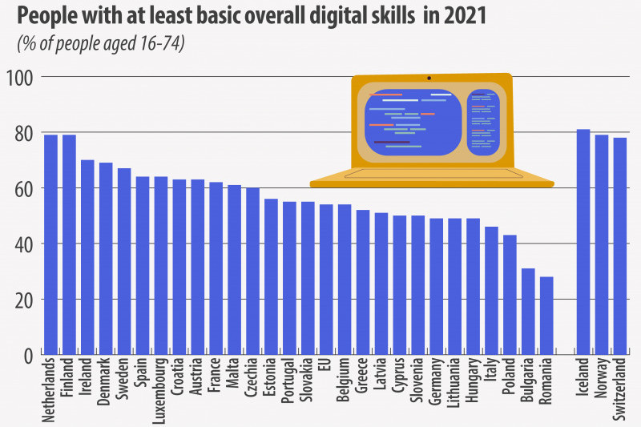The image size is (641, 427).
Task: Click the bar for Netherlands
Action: coord(50,244)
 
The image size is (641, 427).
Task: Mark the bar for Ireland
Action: coord(87,256)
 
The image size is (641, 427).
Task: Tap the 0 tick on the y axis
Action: coord(27,355)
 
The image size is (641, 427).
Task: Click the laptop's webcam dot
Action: coord(429,79)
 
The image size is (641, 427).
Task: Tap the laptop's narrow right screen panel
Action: coord(483,123)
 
